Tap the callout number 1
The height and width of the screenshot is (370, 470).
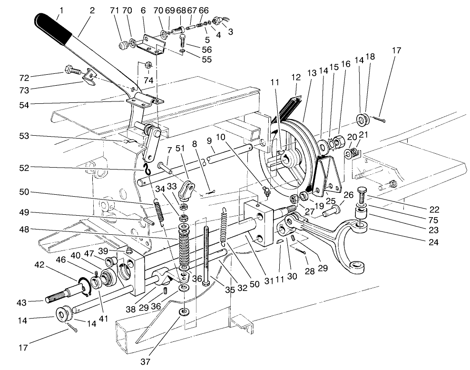click(60, 10)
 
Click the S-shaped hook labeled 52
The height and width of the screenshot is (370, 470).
click(147, 167)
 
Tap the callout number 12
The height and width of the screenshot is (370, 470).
click(296, 76)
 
